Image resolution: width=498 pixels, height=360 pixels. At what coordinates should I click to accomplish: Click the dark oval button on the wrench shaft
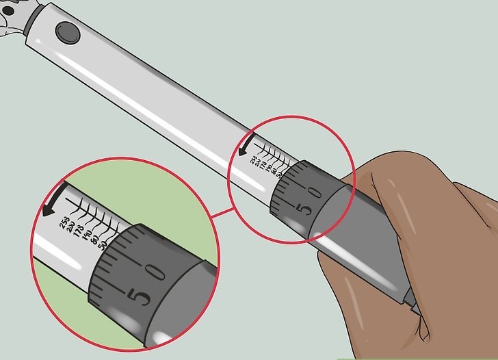66,31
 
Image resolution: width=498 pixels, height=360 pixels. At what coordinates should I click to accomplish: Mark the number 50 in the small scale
278,173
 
